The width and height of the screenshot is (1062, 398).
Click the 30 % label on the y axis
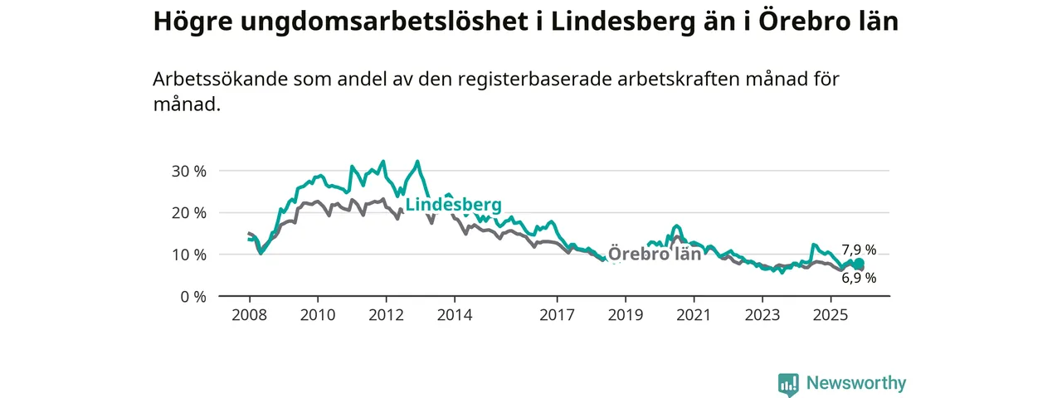[x=188, y=171]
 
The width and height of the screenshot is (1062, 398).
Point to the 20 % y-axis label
[x=188, y=212]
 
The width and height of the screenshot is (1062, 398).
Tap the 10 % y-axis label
[x=188, y=254]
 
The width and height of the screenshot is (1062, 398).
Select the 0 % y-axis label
[x=192, y=296]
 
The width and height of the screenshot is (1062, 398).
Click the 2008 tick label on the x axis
[x=249, y=315]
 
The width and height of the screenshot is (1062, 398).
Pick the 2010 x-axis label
[x=318, y=315]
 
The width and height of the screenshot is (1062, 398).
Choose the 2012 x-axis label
[x=386, y=315]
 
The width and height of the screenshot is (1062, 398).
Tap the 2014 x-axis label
[x=455, y=315]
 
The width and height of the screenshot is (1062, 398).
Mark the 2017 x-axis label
[x=557, y=315]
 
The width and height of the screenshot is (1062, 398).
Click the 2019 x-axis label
[x=625, y=315]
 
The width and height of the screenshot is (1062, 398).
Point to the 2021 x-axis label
[x=694, y=315]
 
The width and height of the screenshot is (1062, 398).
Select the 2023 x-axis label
[x=762, y=315]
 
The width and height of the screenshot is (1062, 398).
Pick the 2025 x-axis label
[x=831, y=315]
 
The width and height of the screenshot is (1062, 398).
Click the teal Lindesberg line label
[x=453, y=205]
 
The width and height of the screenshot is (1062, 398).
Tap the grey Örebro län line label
[x=655, y=254]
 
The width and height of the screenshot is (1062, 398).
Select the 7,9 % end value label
[x=859, y=250]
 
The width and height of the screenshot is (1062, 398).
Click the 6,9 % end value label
[x=859, y=279]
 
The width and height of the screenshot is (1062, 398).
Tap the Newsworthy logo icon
[x=788, y=383]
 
